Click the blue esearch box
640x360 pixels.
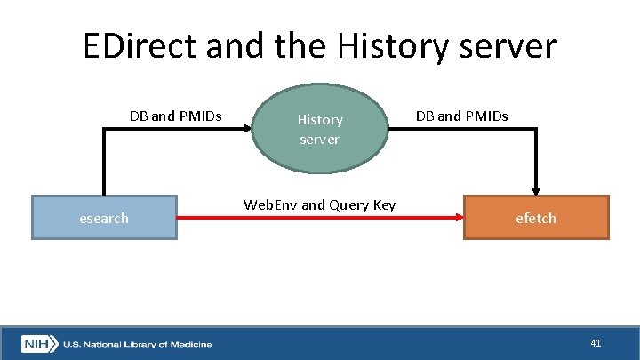click(104, 218)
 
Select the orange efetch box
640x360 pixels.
click(536, 218)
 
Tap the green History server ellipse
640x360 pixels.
click(320, 129)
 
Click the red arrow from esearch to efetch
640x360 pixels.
click(320, 218)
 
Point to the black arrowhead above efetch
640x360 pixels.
click(536, 189)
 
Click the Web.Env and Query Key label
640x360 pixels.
click(319, 205)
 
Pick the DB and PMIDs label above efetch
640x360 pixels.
click(461, 116)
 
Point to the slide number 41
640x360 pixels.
click(596, 342)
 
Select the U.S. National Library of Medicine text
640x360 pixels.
click(137, 343)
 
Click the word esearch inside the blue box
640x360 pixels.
click(104, 218)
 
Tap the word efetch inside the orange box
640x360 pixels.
click(536, 218)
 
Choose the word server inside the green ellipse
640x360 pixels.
click(320, 139)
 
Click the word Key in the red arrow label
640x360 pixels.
click(382, 205)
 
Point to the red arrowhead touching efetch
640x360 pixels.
click(459, 218)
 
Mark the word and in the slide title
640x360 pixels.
click(232, 45)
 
